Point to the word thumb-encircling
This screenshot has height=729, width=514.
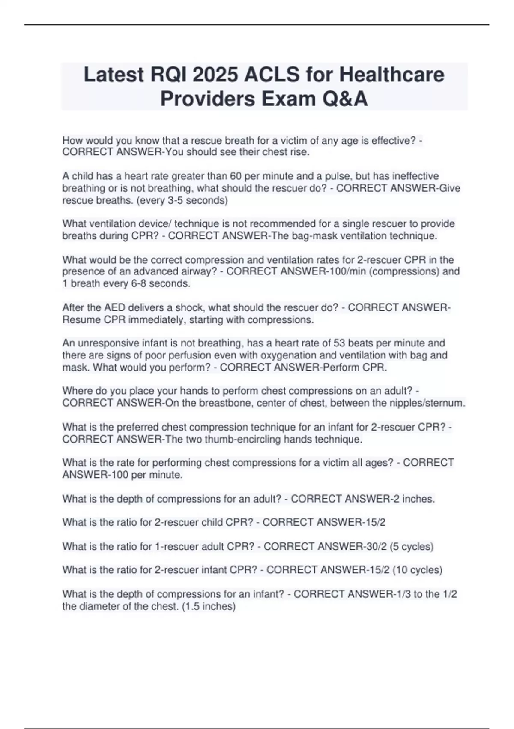(x=234, y=439)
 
